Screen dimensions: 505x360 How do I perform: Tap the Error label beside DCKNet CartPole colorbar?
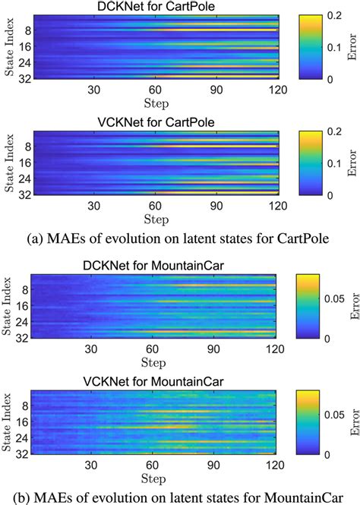pyautogui.click(x=352, y=50)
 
